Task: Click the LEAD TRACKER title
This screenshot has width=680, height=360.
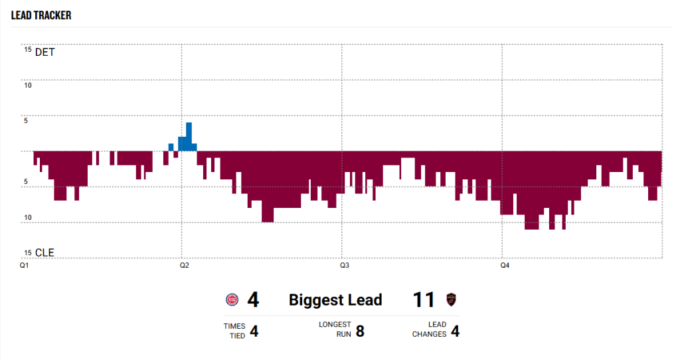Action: [x=41, y=15]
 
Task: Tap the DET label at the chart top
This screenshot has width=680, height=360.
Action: [x=44, y=52]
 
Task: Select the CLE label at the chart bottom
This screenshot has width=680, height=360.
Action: [x=44, y=252]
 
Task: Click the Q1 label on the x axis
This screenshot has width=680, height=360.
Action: [x=25, y=266]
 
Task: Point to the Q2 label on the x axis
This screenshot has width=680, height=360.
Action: [x=184, y=266]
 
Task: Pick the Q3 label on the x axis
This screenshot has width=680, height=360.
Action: [x=345, y=266]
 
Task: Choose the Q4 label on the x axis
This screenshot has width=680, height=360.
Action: [x=505, y=266]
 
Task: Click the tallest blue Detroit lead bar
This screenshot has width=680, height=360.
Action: [x=189, y=133]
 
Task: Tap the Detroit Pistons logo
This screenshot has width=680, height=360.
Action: [x=232, y=300]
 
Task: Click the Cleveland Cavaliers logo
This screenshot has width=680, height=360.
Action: [x=452, y=300]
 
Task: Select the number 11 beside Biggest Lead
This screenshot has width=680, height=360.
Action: [x=424, y=300]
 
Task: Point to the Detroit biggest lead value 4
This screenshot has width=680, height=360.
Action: [x=253, y=300]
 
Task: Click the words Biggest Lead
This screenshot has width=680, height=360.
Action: [x=335, y=300]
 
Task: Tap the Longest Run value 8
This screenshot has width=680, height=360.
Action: [x=360, y=330]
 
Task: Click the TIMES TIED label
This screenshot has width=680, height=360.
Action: [x=234, y=330]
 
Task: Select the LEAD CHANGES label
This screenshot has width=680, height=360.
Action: [x=429, y=330]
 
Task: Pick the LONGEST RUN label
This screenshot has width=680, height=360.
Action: [x=335, y=330]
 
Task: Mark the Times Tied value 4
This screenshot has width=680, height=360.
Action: [x=254, y=330]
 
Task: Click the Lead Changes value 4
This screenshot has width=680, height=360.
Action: [x=455, y=330]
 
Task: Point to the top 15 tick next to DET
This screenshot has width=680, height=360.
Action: [x=27, y=49]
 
